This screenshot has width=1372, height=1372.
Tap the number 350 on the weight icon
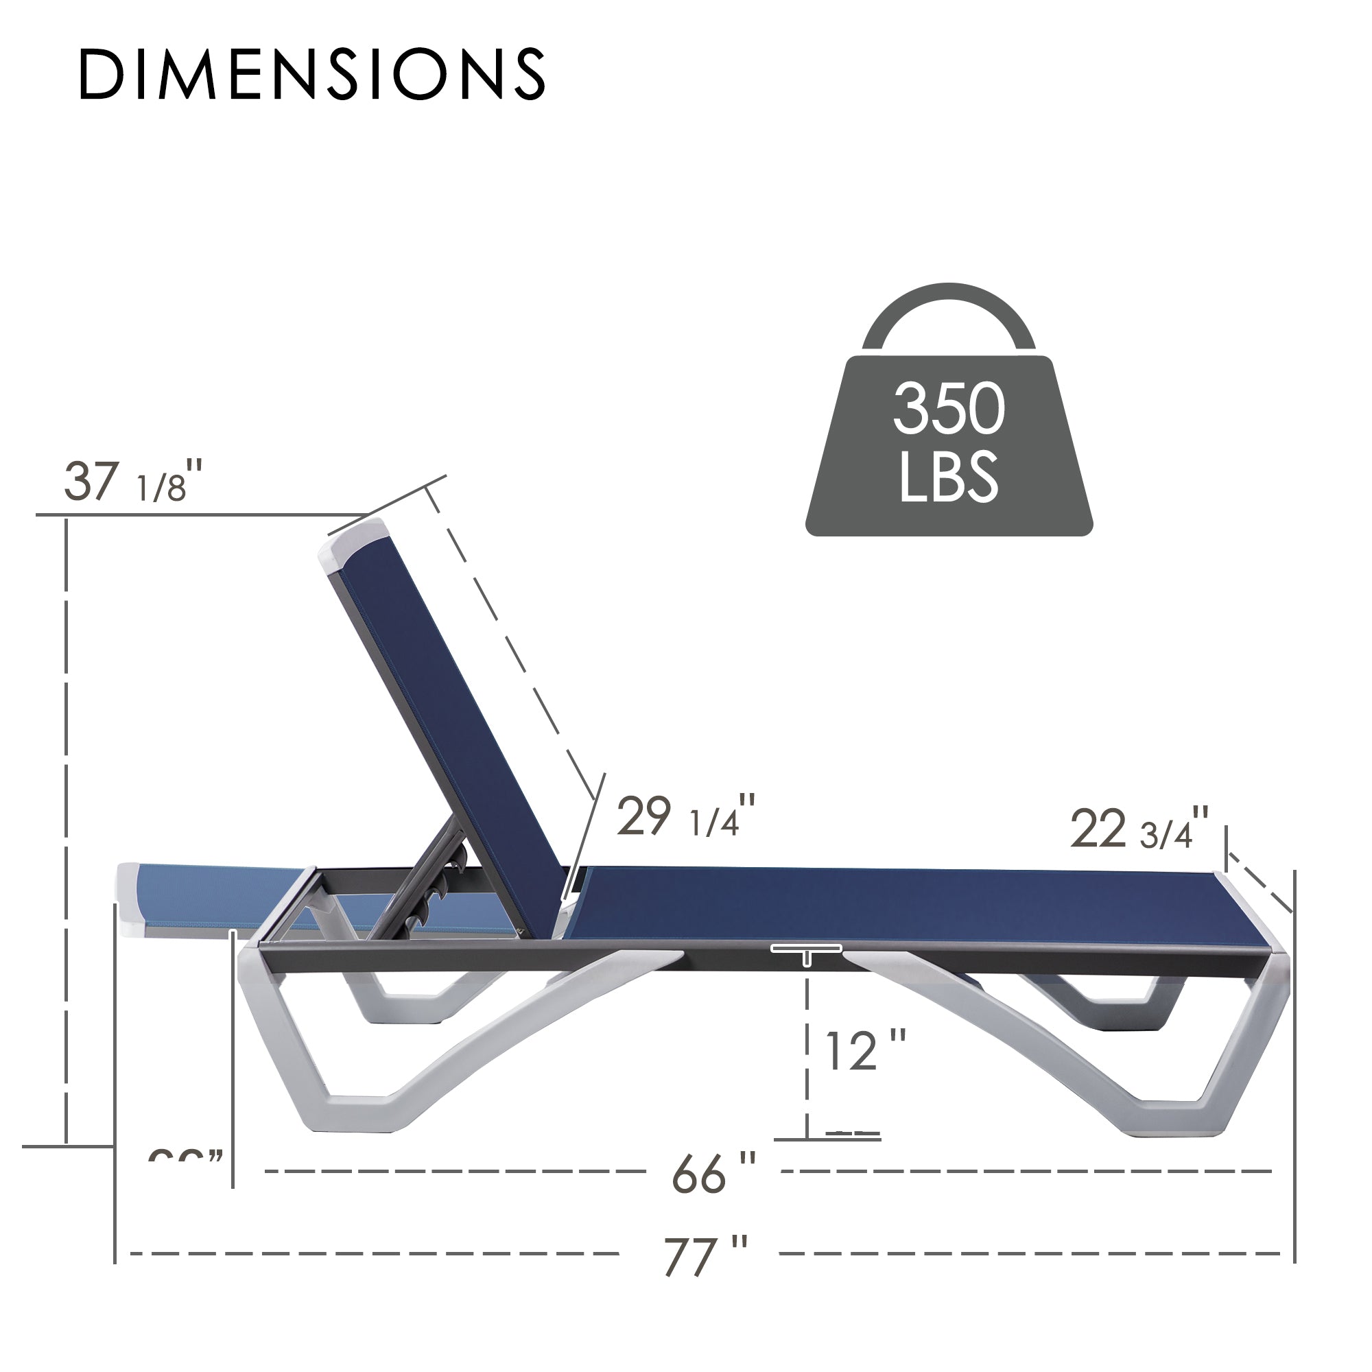pyautogui.click(x=948, y=409)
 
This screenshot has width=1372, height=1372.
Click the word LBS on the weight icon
pyautogui.click(x=948, y=477)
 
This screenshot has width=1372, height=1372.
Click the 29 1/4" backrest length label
pyautogui.click(x=685, y=816)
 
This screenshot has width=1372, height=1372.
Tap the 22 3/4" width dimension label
pyautogui.click(x=1138, y=829)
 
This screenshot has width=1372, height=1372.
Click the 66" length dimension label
pyautogui.click(x=712, y=1174)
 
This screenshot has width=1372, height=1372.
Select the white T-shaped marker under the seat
pyautogui.click(x=807, y=951)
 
